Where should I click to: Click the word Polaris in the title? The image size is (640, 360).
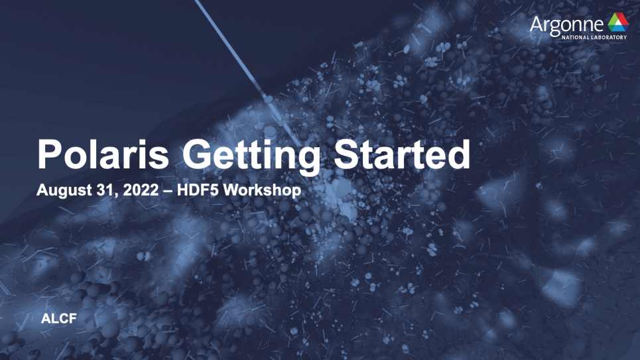(103, 154)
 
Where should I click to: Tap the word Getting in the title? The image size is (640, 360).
(251, 157)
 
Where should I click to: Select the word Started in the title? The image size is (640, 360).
(402, 154)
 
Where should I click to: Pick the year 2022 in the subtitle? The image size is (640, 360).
(141, 190)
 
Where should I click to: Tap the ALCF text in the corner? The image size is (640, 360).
(59, 319)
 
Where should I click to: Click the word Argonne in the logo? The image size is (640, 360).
(566, 25)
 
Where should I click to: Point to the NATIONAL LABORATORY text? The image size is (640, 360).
(594, 37)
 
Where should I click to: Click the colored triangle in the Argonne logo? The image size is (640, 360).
(618, 22)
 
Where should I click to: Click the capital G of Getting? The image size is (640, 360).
(197, 154)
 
